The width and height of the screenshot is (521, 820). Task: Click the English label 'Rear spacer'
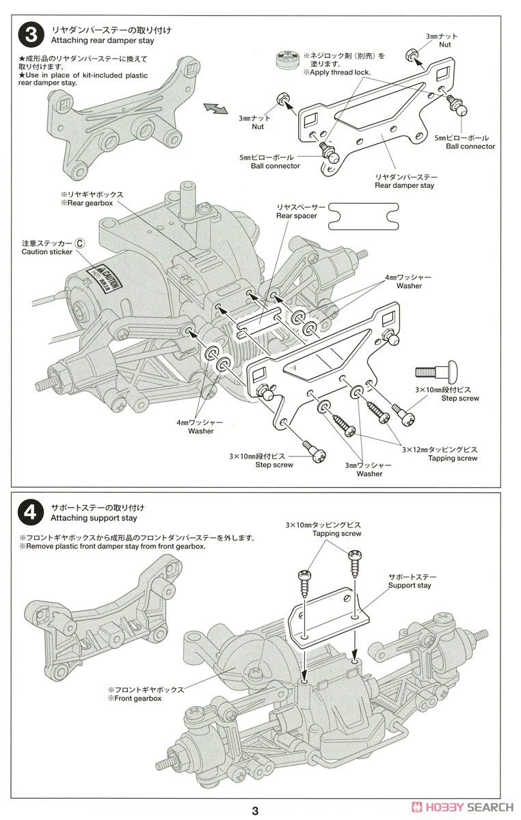pos(296,216)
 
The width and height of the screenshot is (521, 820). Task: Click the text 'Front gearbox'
pos(134,699)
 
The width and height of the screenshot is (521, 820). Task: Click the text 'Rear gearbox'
pos(92,203)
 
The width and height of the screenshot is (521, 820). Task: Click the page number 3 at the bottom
pos(254,810)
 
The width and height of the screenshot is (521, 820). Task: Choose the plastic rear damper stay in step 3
pos(116,119)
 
